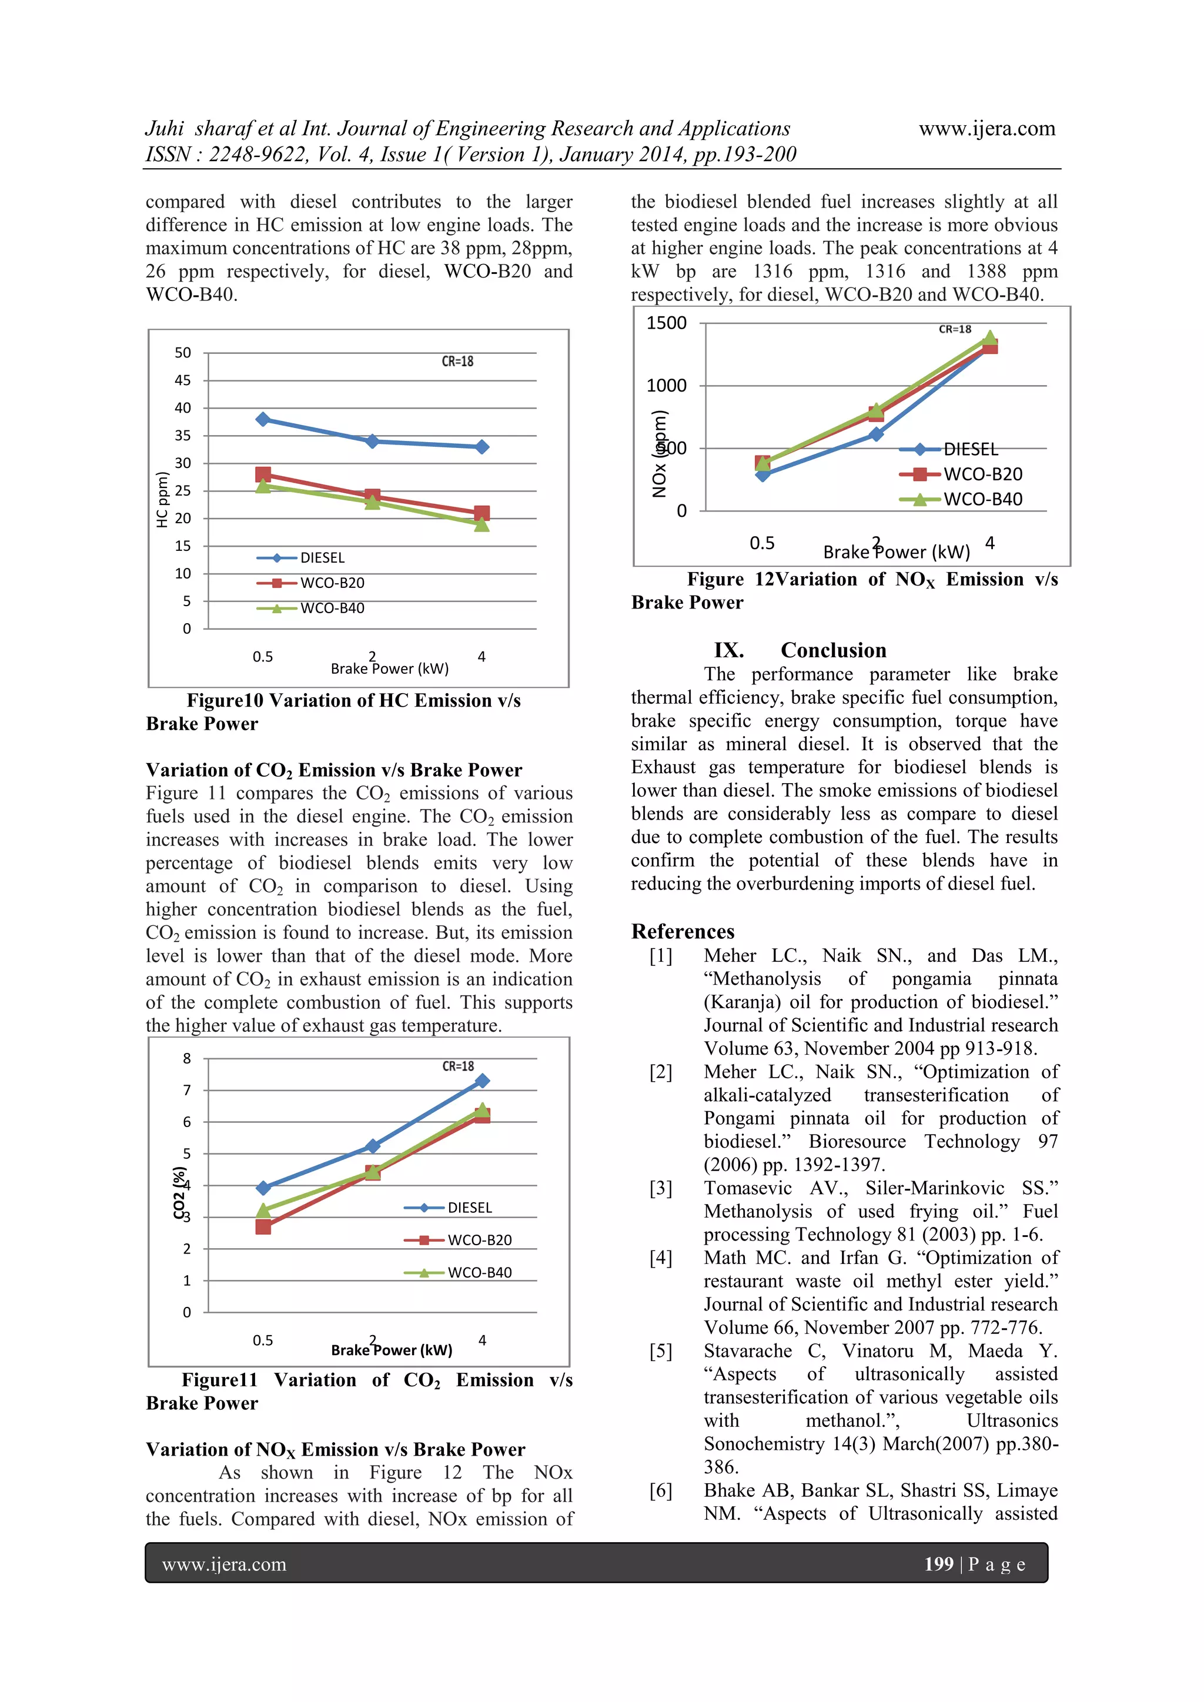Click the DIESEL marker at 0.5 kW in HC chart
point(262,420)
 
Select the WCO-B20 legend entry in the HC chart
point(332,583)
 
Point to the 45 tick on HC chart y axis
point(182,380)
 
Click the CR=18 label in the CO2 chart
point(457,1066)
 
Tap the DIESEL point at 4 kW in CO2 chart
point(482,1081)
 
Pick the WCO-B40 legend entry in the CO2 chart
point(479,1273)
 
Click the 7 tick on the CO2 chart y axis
point(187,1091)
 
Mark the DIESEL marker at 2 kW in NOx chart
point(877,434)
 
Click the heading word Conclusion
point(833,650)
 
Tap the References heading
point(682,931)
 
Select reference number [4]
point(661,1258)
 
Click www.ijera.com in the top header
point(987,128)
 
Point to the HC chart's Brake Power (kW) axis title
point(389,668)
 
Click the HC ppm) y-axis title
point(162,500)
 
